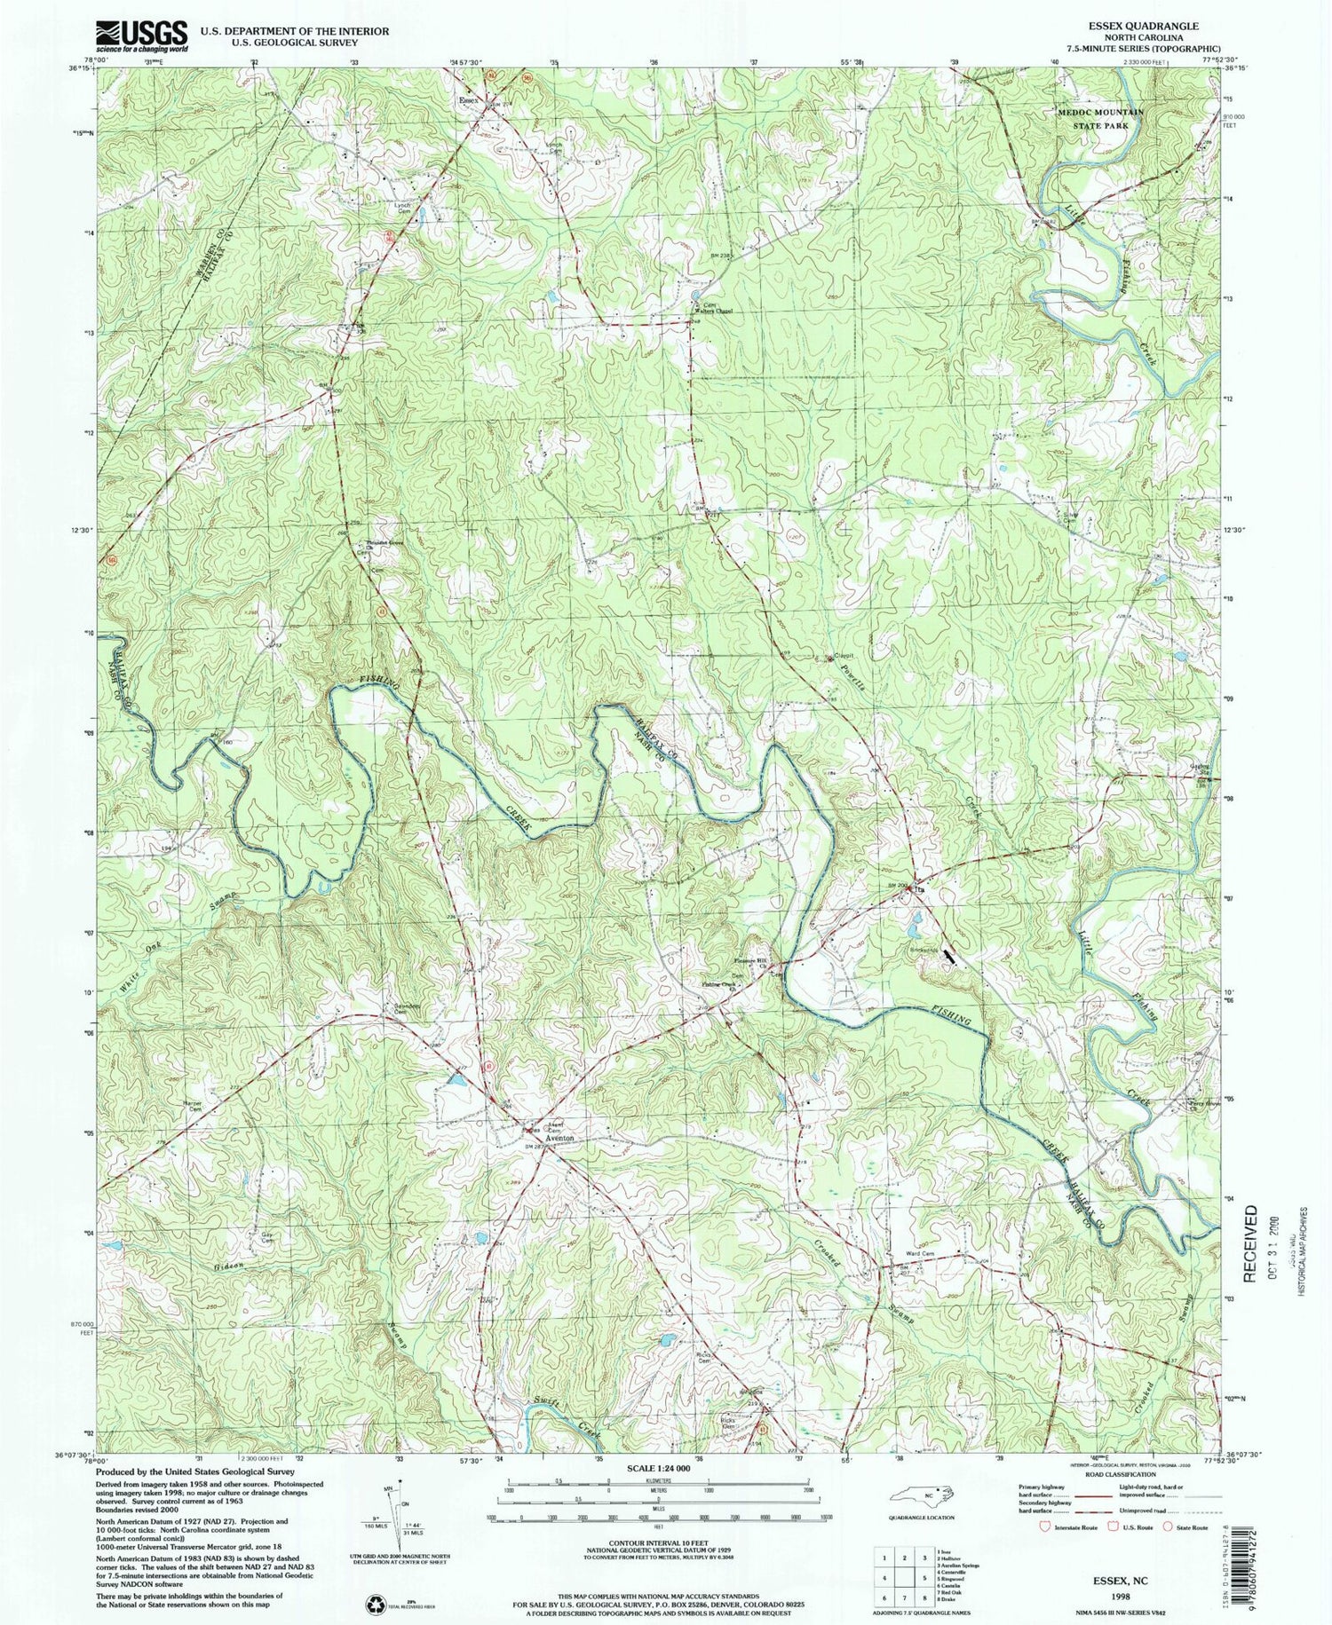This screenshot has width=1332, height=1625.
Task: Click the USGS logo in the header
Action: (x=141, y=35)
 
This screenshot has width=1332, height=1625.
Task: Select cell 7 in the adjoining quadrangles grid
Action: (x=905, y=1577)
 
